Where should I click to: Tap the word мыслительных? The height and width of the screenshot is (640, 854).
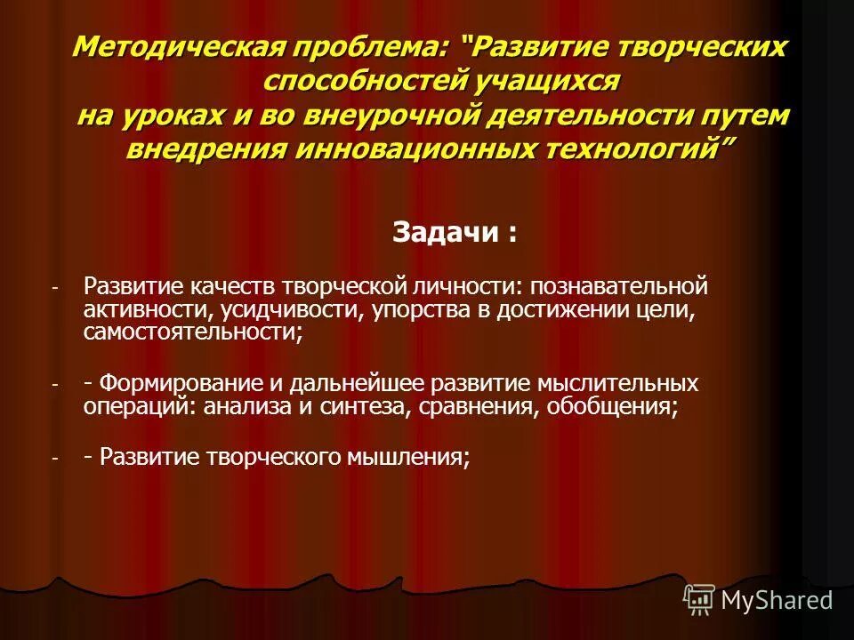click(x=616, y=383)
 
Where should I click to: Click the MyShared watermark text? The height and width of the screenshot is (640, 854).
click(x=777, y=600)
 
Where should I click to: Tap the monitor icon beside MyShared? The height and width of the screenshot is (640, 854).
click(x=699, y=599)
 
